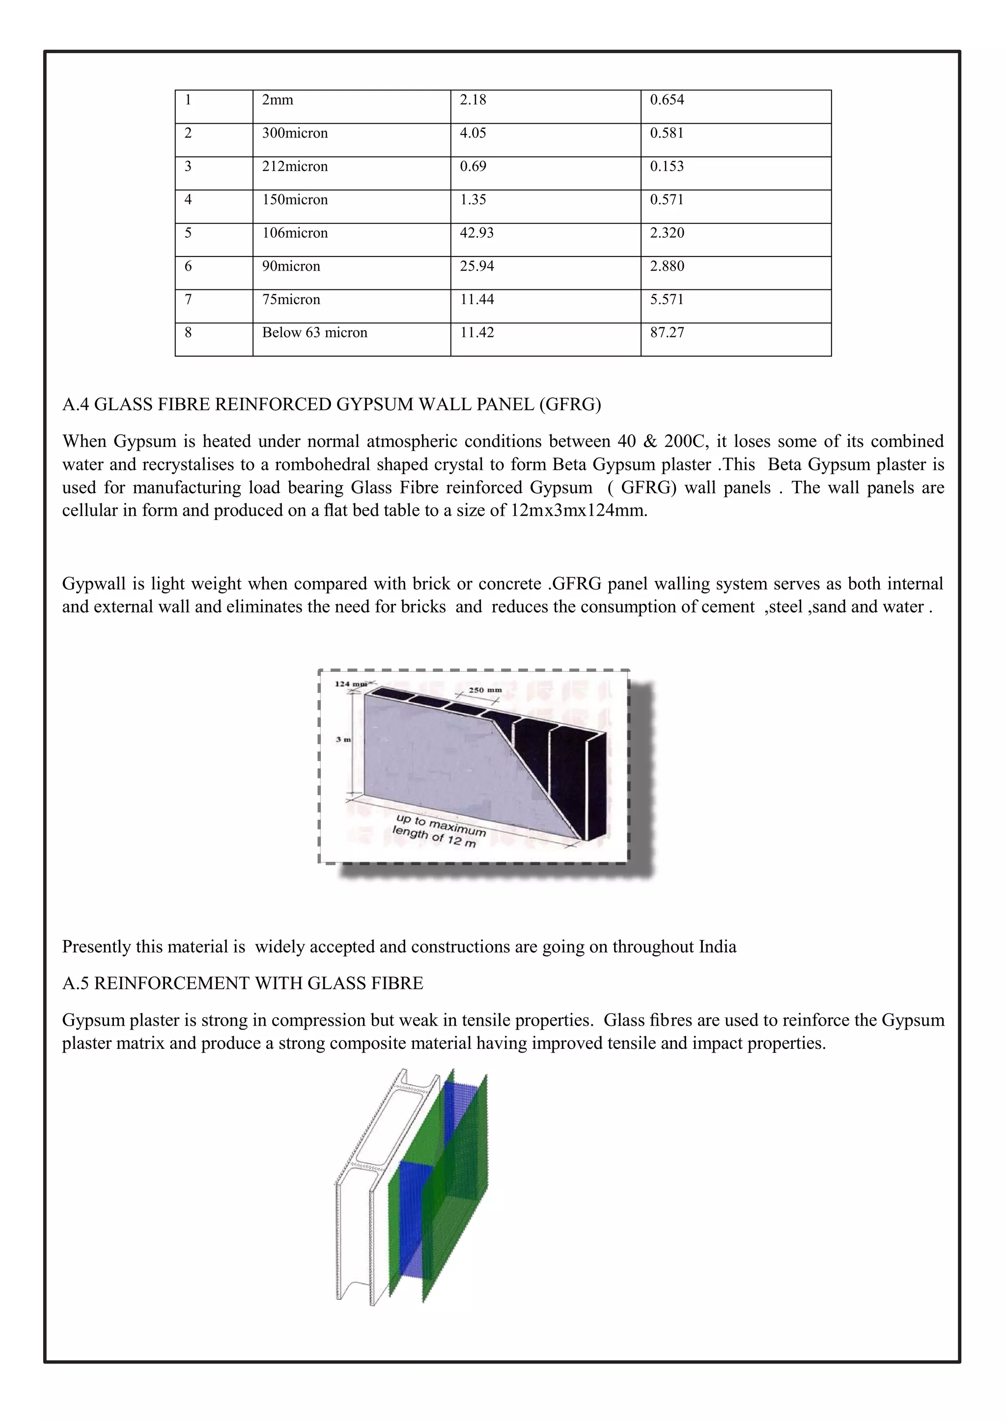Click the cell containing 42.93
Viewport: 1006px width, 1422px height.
pos(476,233)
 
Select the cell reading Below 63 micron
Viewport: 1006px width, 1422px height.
pos(315,333)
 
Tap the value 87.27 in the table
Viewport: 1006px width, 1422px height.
pos(667,333)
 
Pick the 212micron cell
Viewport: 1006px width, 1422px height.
pos(295,167)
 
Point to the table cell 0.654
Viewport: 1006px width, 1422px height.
pos(667,100)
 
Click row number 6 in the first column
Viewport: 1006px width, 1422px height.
pos(188,266)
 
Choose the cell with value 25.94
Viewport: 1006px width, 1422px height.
pos(476,266)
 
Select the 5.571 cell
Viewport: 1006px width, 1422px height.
pos(667,300)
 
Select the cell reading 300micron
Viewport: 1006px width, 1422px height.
pos(295,134)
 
